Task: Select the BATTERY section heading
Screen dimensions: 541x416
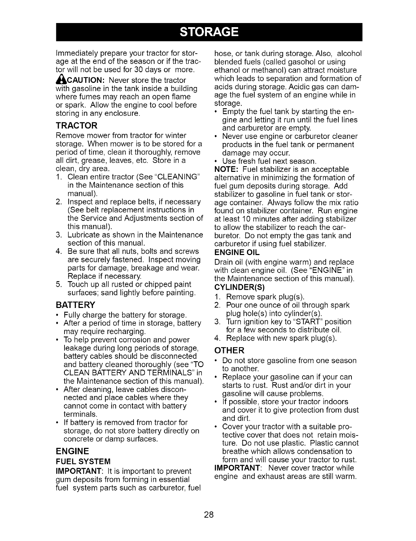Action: click(x=76, y=305)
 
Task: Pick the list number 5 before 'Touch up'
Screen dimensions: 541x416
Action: click(x=58, y=285)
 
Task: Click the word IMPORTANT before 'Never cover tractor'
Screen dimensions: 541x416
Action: click(x=237, y=468)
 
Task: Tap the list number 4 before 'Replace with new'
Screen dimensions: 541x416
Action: click(x=217, y=339)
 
